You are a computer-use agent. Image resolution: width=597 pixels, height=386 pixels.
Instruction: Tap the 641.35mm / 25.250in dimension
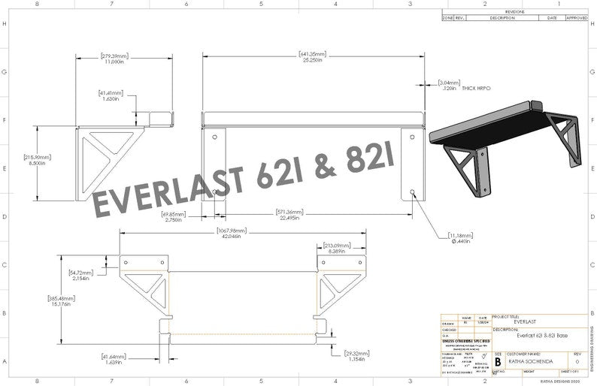click(x=311, y=57)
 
